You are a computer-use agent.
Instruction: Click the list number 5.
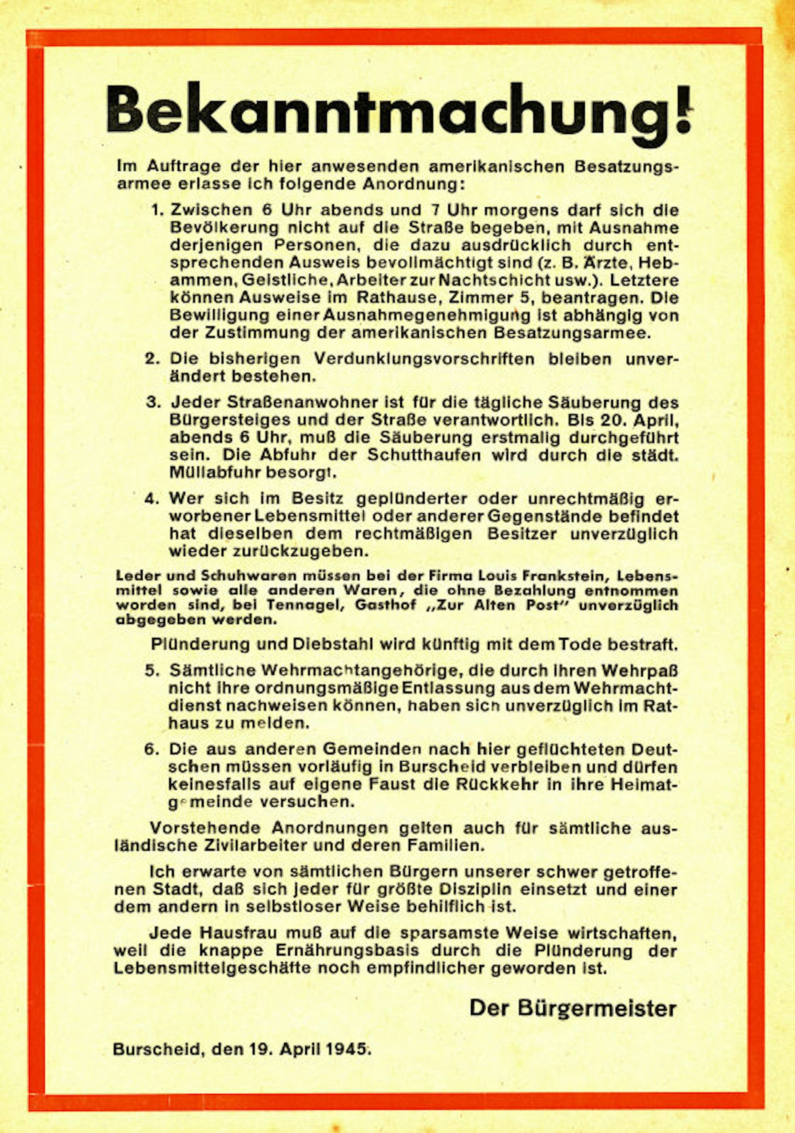pyautogui.click(x=152, y=671)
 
